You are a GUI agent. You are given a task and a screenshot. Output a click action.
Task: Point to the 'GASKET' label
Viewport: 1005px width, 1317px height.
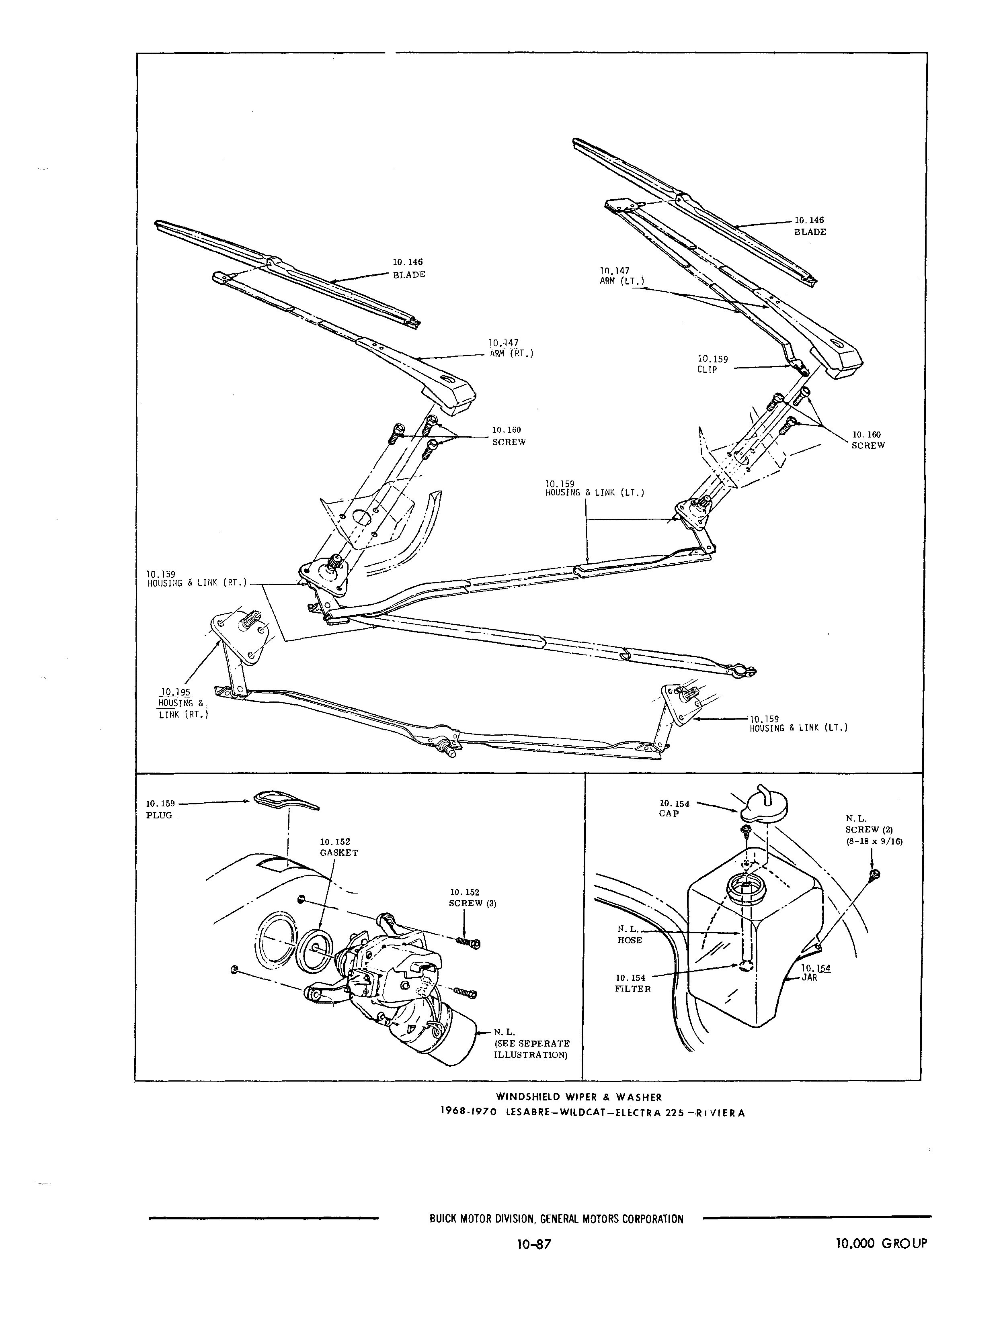pos(338,853)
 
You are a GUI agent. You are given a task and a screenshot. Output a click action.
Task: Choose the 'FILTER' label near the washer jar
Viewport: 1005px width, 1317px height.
pos(632,989)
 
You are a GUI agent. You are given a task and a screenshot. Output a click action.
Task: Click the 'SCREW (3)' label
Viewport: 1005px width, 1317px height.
pos(473,903)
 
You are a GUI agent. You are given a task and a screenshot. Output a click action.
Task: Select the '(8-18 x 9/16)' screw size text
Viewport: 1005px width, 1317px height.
pos(874,841)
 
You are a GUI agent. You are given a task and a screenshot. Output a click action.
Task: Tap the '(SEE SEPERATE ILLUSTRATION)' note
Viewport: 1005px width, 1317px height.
pos(531,1049)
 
